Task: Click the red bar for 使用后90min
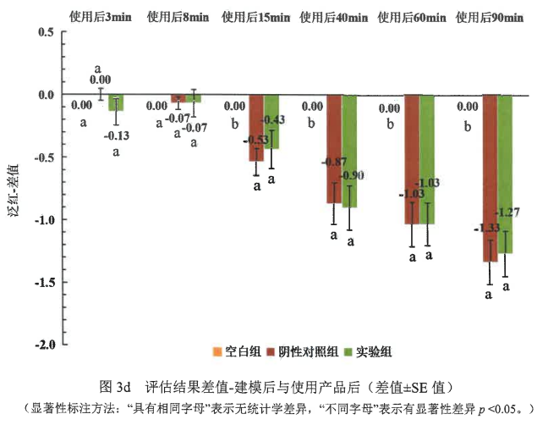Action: pos(490,178)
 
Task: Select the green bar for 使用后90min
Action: pos(505,174)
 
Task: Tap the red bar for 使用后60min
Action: pos(412,159)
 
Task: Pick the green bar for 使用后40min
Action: pos(349,151)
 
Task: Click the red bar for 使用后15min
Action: pos(256,128)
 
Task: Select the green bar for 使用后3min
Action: pos(116,102)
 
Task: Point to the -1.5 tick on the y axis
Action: pos(63,282)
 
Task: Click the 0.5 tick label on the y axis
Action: pos(47,32)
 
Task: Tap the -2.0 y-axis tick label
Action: pos(45,345)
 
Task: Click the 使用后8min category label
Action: pos(178,17)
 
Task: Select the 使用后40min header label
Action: pos(334,17)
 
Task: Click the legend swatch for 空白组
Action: pos(217,351)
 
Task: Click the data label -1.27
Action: pos(507,212)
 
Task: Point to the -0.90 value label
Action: pos(352,175)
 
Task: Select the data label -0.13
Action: pos(117,135)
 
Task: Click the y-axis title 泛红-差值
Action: pos(13,190)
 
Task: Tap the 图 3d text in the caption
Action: pos(115,387)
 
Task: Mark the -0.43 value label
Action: pos(273,119)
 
